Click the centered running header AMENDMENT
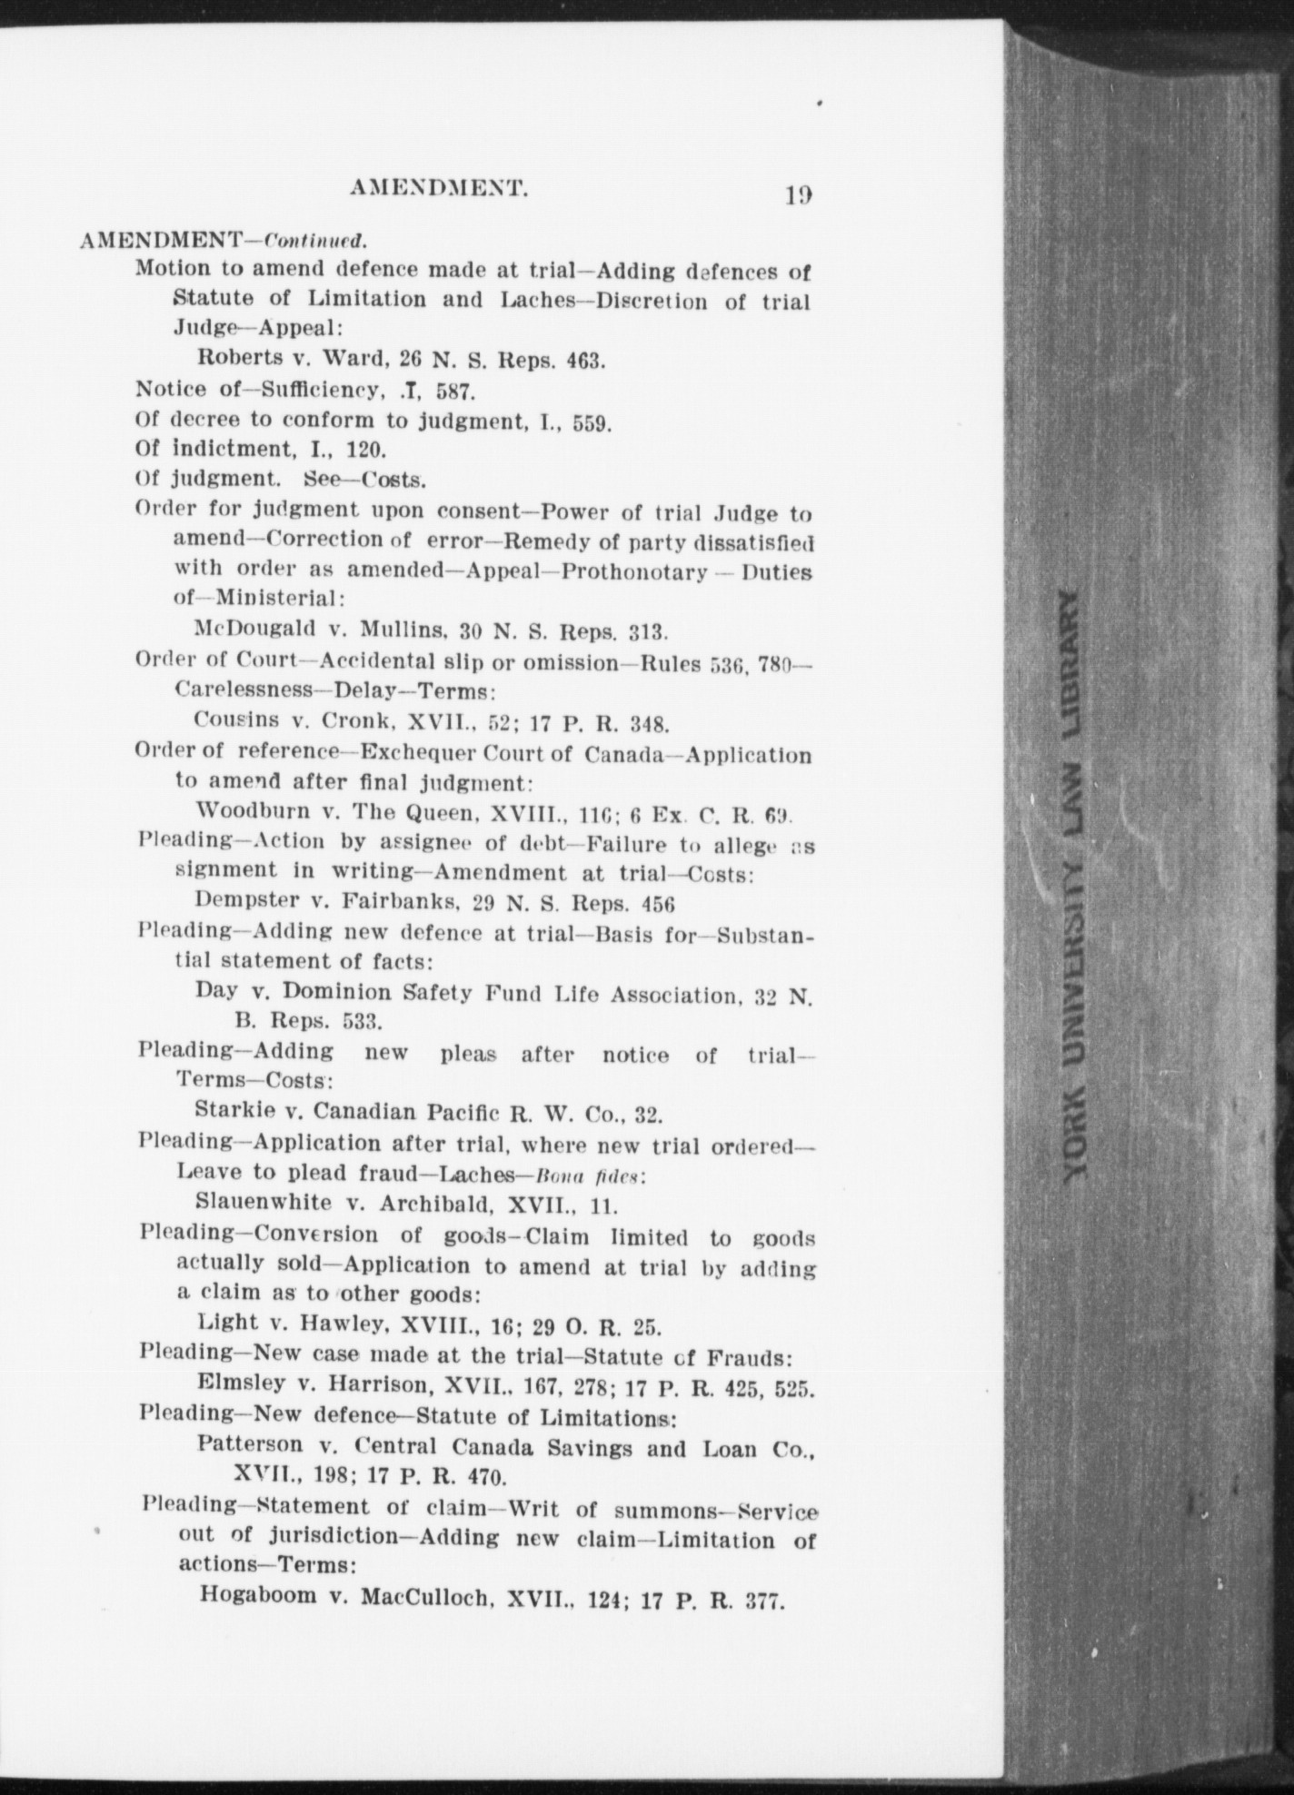pos(439,189)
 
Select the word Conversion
pos(315,1235)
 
